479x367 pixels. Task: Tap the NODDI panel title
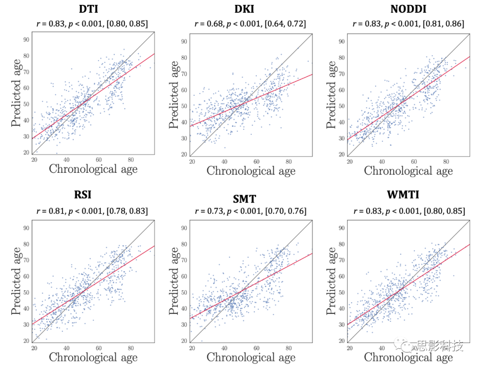[x=408, y=9]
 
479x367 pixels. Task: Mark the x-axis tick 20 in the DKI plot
[x=192, y=162]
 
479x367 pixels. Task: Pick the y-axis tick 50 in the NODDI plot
[x=342, y=106]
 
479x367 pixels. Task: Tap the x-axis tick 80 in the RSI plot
[x=130, y=348]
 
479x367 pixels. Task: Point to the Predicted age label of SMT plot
[x=175, y=281]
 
